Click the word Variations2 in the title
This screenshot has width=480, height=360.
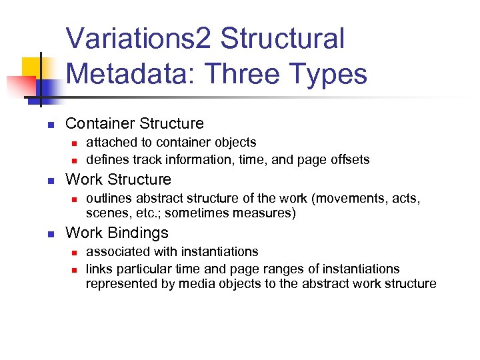[139, 39]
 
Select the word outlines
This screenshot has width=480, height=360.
[108, 198]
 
